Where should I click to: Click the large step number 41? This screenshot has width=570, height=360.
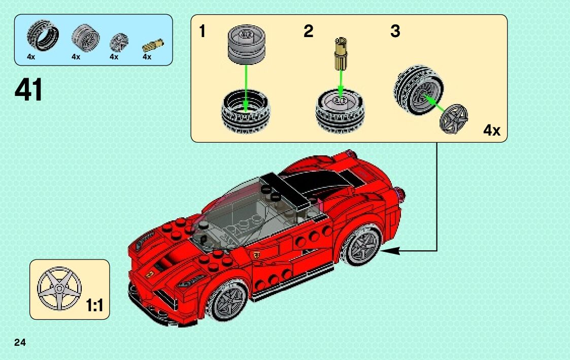point(29,90)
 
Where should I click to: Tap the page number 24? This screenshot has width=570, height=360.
point(20,342)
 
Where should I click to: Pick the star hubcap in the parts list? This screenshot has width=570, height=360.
point(119,41)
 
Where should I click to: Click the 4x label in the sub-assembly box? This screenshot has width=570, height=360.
point(491,130)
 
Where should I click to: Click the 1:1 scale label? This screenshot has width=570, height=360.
point(95,306)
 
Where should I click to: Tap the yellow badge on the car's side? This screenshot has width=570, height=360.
point(257,254)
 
